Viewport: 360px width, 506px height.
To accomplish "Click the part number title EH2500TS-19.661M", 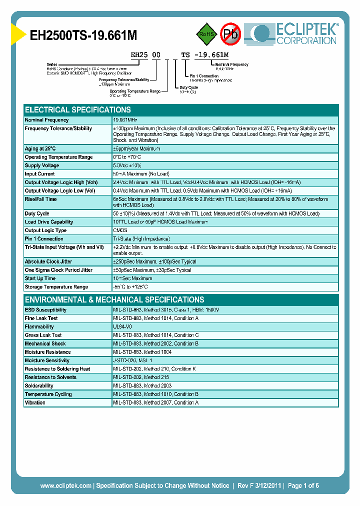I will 83,35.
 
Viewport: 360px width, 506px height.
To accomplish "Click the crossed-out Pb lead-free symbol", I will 231,34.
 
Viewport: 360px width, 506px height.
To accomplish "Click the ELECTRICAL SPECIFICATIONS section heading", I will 78,109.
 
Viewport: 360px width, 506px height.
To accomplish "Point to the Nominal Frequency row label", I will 46,120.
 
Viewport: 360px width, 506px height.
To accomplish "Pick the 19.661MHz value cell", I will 125,120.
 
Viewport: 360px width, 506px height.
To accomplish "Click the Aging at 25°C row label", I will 40,148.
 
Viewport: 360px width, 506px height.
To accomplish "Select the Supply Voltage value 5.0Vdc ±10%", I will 128,165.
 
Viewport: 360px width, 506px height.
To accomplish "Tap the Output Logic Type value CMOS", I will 120,230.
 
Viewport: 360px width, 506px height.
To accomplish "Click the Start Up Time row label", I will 40,278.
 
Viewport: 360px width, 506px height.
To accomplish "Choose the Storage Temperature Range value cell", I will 130,287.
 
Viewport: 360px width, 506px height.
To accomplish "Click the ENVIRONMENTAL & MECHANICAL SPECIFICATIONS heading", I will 114,299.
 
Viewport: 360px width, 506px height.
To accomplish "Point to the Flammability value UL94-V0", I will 122,326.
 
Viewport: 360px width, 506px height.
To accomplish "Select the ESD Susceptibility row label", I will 45,310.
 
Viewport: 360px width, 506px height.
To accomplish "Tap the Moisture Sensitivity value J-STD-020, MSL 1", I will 132,360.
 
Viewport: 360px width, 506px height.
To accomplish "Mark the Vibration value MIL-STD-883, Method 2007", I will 156,402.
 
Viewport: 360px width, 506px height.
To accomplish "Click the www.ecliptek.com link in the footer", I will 65,485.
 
